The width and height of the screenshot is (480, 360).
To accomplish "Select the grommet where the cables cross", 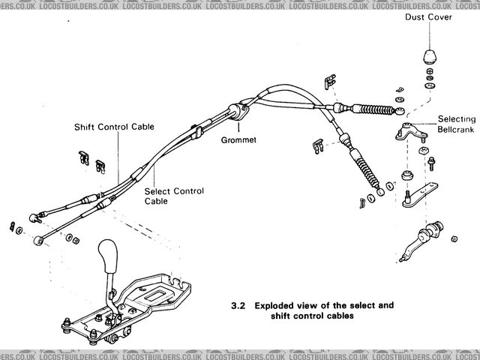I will point(239,114).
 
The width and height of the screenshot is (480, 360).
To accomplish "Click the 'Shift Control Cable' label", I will point(114,127).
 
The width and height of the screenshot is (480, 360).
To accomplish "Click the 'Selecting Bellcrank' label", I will point(456,124).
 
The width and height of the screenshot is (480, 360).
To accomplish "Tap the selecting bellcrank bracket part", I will point(407,131).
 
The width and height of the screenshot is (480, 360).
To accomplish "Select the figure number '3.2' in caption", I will point(238,306).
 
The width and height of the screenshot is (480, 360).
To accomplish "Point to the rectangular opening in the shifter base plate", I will point(159,297).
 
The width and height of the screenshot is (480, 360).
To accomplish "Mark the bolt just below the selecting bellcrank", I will point(433,160).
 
